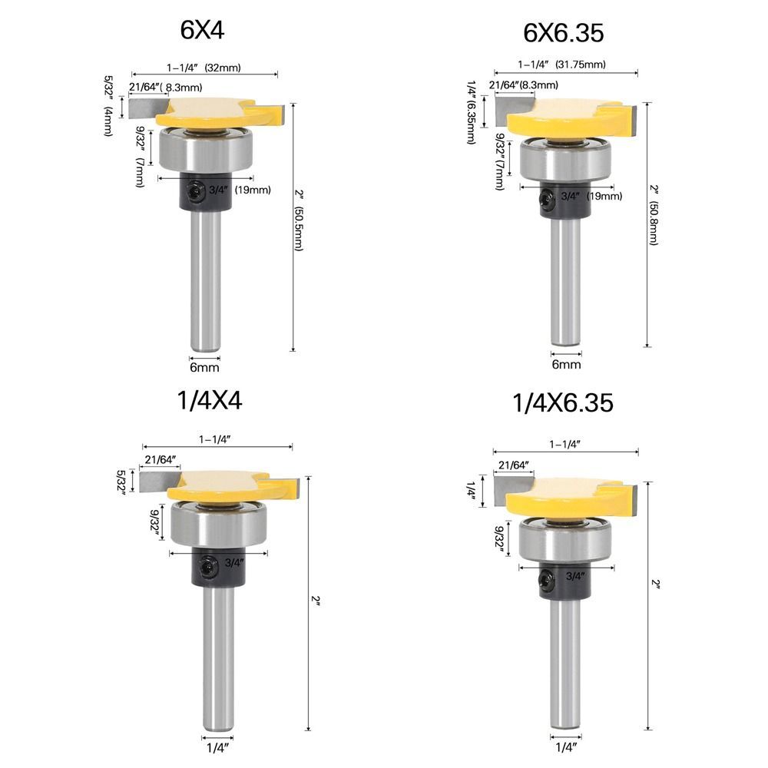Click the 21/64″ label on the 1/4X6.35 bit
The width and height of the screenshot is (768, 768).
click(515, 465)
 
